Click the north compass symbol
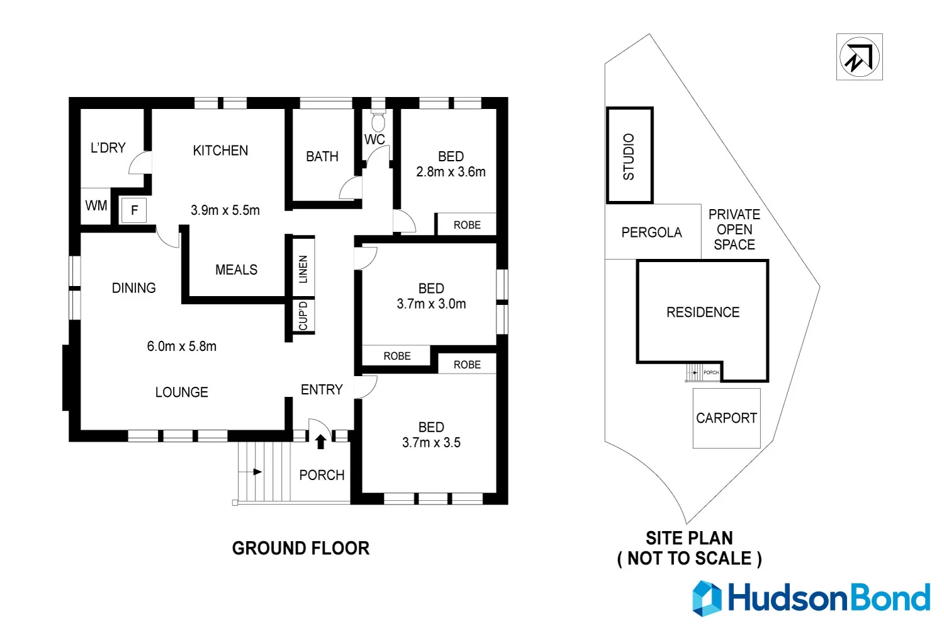coord(859,57)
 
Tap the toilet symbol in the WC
coord(378,121)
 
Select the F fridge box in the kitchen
coord(134,210)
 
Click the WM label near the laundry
coord(96,205)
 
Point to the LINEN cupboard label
coord(303,269)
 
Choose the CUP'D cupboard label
coord(303,316)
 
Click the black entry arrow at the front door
coord(320,442)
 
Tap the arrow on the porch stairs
coord(257,471)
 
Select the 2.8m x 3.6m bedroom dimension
coord(451,172)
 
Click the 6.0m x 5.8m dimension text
coord(182,346)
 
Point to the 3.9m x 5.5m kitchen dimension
coord(225,210)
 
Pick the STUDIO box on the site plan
coord(629,156)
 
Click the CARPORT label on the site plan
coord(726,418)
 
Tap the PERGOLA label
coord(651,232)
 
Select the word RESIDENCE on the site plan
coord(703,312)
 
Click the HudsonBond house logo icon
coord(707,598)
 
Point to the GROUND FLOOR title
coord(301,549)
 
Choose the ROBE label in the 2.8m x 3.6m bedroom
coord(467,225)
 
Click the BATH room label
coord(322,157)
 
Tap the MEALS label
coord(236,270)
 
